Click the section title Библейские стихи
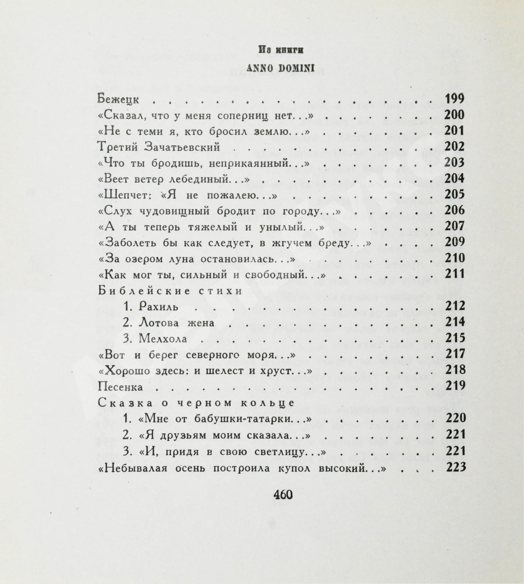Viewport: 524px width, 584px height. click(x=170, y=291)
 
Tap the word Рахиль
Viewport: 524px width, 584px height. click(x=159, y=307)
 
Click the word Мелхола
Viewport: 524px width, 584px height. click(x=163, y=339)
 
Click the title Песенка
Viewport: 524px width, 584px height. click(x=120, y=387)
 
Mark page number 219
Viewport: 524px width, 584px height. click(x=456, y=386)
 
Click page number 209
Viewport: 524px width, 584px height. click(x=455, y=242)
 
